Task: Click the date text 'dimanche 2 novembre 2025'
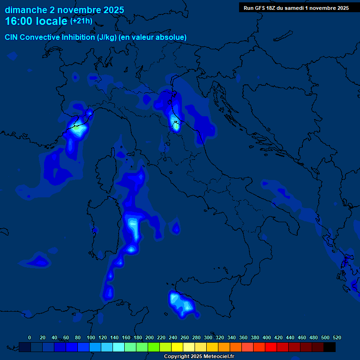[x=64, y=10]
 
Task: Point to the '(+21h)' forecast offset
[x=81, y=21]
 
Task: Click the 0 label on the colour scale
[x=30, y=337]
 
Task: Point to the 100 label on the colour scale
[x=91, y=337]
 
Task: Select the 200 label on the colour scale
[x=150, y=337]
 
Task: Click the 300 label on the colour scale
[x=208, y=337]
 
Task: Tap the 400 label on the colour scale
[x=267, y=337]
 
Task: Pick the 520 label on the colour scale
[x=337, y=337]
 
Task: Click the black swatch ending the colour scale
[x=330, y=347]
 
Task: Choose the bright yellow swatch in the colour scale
[x=177, y=347]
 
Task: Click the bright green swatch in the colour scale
[x=154, y=347]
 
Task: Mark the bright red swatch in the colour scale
[x=271, y=347]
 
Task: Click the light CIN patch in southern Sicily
[x=180, y=302]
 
